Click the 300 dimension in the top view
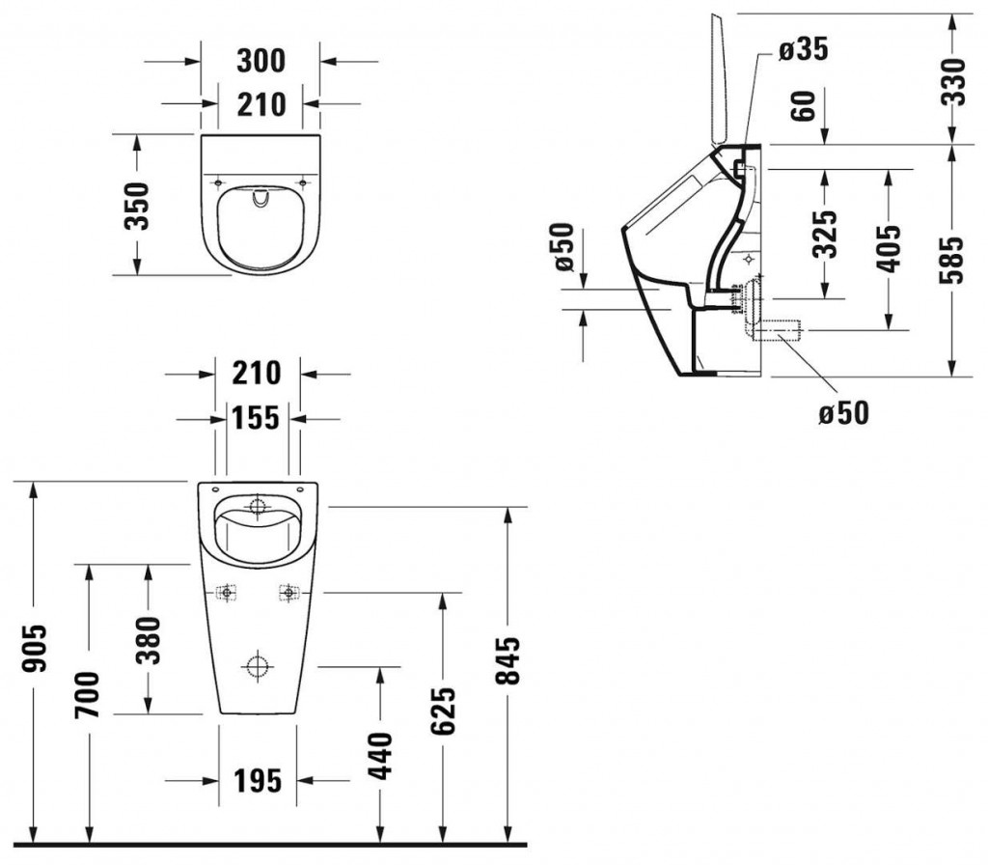point(261,60)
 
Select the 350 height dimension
point(138,205)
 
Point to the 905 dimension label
point(36,661)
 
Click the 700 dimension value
point(88,693)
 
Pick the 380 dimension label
point(147,638)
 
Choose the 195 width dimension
point(257,779)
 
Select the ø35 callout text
point(803,49)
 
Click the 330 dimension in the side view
point(953,80)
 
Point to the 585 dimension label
point(953,259)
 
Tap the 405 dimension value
point(889,247)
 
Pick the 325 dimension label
point(825,233)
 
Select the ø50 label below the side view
point(843,412)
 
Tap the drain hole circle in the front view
point(257,666)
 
